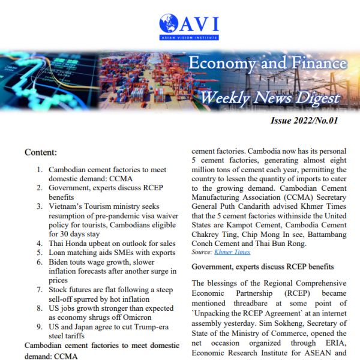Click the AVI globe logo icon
pyautogui.click(x=170, y=25)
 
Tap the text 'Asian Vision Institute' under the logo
pyautogui.click(x=190, y=37)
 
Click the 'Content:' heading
pyautogui.click(x=41, y=152)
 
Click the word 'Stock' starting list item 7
pyautogui.click(x=59, y=289)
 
